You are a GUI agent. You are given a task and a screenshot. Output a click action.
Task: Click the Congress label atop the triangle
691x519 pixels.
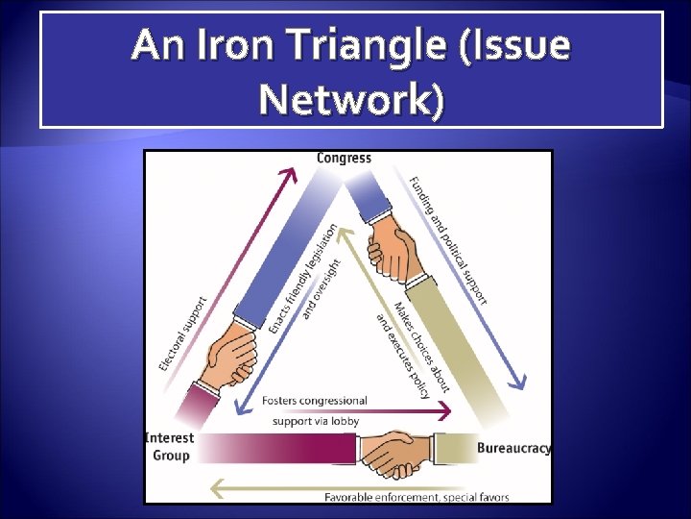344,158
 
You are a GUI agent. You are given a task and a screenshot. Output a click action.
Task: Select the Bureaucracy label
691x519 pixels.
513,448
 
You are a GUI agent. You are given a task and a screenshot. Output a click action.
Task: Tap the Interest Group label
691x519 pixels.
169,446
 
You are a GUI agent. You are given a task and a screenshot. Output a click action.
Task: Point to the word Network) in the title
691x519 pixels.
351,98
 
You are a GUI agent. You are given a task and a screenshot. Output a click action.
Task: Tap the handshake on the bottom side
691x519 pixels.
399,452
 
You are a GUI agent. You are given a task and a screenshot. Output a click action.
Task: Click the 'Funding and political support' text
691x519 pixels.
448,239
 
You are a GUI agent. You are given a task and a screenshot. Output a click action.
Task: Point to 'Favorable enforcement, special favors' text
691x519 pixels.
417,497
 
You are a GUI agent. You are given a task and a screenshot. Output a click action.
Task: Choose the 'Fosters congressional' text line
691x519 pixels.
315,401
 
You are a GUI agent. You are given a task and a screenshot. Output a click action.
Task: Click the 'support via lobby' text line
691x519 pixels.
316,421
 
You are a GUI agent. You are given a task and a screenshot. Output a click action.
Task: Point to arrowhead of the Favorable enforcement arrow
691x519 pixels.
215,489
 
